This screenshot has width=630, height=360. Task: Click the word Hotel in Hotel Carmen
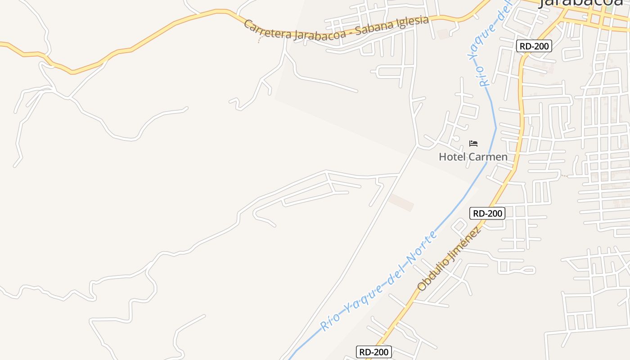tap(452, 157)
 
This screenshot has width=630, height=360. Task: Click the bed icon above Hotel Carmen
tap(473, 144)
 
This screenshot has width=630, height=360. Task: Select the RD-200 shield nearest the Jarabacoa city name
tap(535, 46)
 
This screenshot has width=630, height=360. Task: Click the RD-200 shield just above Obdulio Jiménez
tap(487, 213)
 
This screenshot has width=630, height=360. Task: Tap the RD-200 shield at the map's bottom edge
tap(374, 352)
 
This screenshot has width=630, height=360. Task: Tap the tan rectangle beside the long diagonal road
tap(401, 202)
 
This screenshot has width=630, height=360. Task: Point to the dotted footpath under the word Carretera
tap(259, 40)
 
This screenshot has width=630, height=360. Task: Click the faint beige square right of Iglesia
tap(443, 34)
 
